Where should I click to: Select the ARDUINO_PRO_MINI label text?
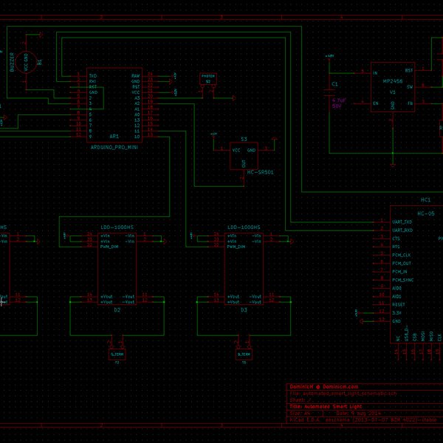click(114, 147)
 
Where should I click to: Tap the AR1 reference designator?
click(114, 137)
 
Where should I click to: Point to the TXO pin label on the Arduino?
click(93, 75)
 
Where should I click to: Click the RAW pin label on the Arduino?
click(135, 75)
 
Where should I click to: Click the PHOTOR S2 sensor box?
click(207, 78)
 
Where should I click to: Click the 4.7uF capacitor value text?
click(338, 100)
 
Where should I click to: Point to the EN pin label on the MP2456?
click(376, 103)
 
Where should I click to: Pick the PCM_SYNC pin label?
click(403, 280)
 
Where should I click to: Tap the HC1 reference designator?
click(425, 199)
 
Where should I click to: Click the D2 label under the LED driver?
click(117, 311)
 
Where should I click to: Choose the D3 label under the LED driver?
click(244, 311)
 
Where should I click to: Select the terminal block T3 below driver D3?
click(244, 354)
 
